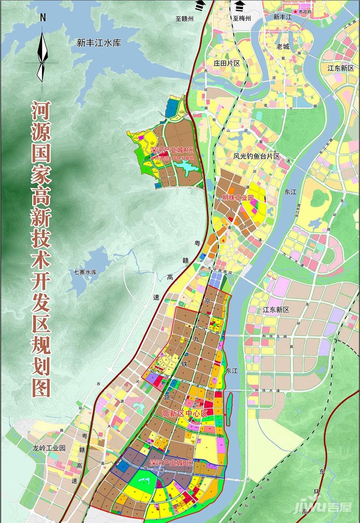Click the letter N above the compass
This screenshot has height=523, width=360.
click(43, 18)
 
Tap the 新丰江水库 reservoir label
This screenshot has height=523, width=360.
click(99, 43)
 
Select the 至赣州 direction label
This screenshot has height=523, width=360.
click(185, 19)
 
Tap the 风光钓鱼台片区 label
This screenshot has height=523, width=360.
click(256, 156)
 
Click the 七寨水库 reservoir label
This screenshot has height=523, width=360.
click(85, 272)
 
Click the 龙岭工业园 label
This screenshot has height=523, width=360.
click(49, 448)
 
